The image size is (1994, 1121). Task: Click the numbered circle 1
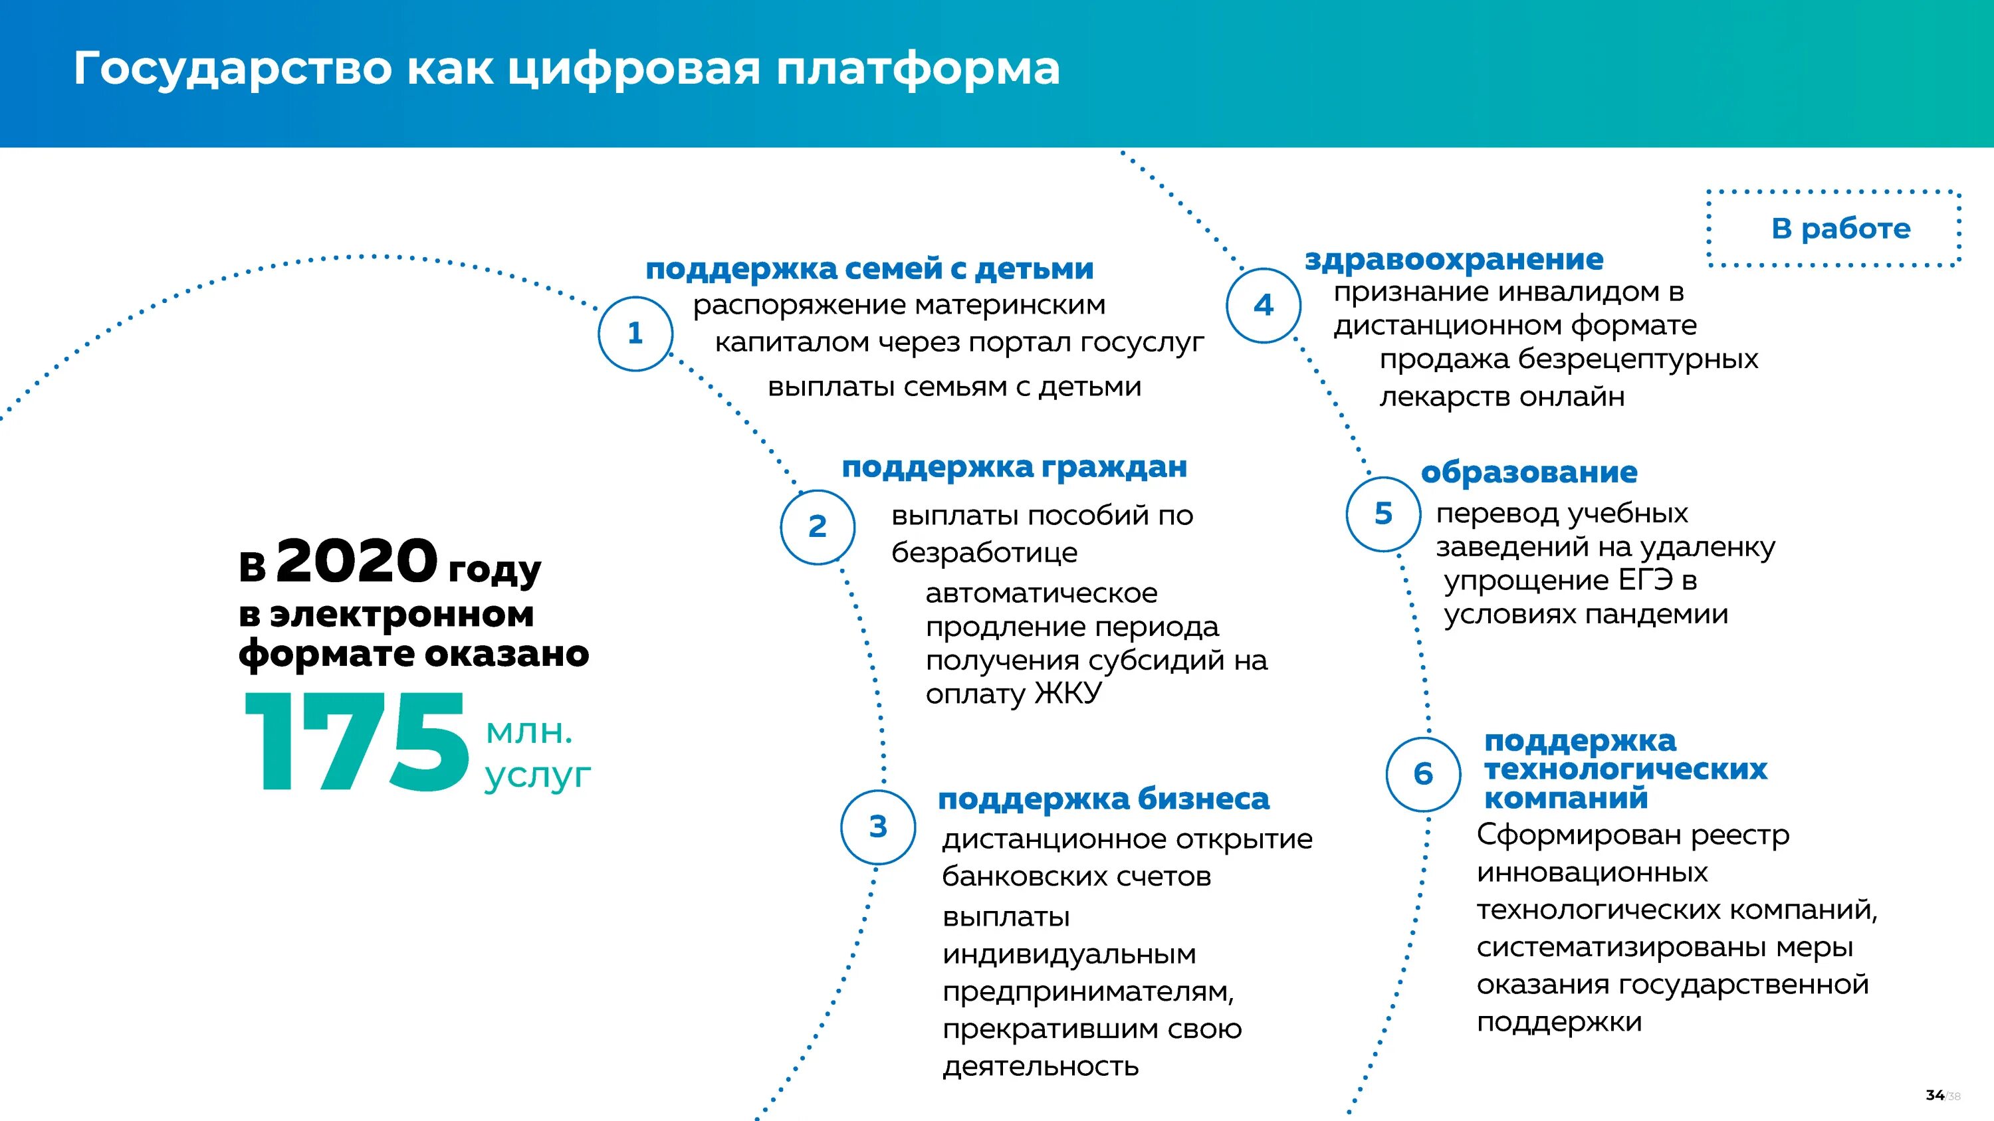635,334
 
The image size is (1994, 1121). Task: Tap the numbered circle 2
818,527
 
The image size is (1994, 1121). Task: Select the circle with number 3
878,826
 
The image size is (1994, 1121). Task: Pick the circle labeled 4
1264,305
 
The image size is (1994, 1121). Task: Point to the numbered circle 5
1383,514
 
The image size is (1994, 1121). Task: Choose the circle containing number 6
1423,773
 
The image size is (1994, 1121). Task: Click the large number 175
357,742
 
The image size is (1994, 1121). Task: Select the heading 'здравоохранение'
1454,259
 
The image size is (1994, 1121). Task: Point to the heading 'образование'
1529,472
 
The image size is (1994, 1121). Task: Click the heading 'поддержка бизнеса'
1103,799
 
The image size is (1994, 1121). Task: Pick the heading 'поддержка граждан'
1014,466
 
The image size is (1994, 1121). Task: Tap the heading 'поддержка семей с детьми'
869,268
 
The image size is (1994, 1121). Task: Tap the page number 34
1934,1094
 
